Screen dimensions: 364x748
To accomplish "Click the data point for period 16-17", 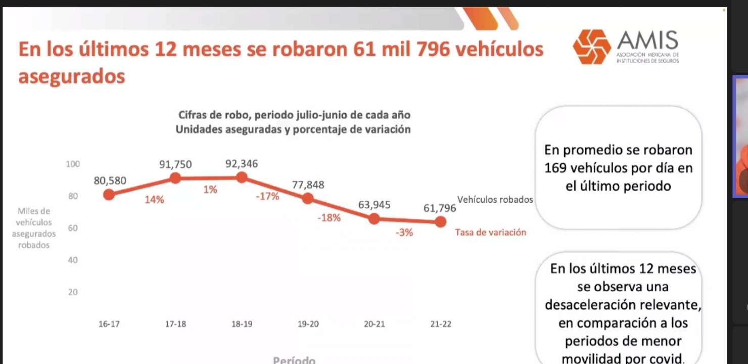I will click(x=109, y=195).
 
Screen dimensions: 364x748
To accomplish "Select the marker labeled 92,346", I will click(x=242, y=177).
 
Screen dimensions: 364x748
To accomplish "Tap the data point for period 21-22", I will click(x=440, y=221).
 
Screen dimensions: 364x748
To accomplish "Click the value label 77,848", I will click(x=308, y=185).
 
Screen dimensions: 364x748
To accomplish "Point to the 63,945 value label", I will click(x=374, y=205).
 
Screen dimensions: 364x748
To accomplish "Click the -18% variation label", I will click(x=329, y=218).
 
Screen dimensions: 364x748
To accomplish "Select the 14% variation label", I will click(x=154, y=200).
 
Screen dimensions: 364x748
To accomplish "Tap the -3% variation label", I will click(x=404, y=233).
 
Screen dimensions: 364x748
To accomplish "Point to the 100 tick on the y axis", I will click(x=73, y=164).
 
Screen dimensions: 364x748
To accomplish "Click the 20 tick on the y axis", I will click(x=73, y=292).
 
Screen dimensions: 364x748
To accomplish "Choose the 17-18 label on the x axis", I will click(x=175, y=324).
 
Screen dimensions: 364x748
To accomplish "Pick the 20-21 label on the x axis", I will click(x=374, y=324).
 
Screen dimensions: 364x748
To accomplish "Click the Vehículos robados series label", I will click(x=495, y=200).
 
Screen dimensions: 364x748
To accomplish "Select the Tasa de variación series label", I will click(x=490, y=233).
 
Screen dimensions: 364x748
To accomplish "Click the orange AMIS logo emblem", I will click(x=592, y=47).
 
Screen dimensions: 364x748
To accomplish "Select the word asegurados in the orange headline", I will click(x=72, y=77).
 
